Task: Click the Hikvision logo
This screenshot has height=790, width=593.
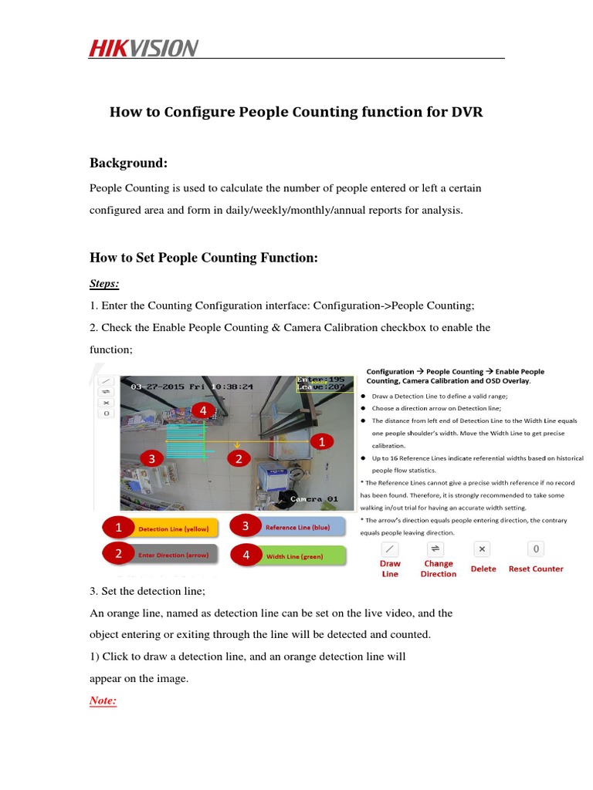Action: tap(144, 49)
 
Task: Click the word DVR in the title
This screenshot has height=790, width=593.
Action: tap(466, 112)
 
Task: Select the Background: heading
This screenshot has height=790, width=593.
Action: tap(128, 163)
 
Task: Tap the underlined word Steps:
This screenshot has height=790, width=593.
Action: tap(104, 284)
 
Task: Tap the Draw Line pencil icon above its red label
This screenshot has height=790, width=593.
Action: tap(390, 549)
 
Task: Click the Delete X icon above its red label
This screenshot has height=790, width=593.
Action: tap(482, 549)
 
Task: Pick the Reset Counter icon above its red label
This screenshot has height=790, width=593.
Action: tap(535, 549)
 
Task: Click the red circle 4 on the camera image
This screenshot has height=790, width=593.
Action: tap(203, 410)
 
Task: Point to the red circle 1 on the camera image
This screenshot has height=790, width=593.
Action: tap(321, 441)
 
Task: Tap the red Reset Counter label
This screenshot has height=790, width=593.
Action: tap(535, 569)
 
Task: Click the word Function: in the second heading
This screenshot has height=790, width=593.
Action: tap(283, 258)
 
